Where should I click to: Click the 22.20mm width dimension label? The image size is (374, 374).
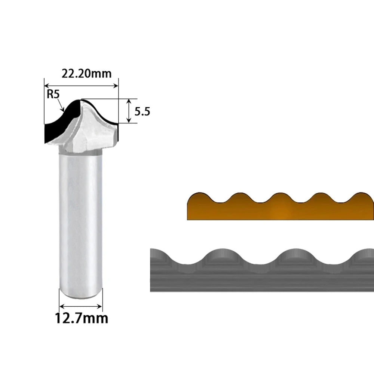[x=87, y=73]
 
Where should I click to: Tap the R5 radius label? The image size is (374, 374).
[x=53, y=94]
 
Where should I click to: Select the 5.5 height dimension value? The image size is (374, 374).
[x=142, y=111]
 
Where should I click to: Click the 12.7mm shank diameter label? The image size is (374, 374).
[x=81, y=318]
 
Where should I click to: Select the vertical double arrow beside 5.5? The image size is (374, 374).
[x=129, y=111]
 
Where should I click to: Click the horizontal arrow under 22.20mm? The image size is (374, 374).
[x=81, y=86]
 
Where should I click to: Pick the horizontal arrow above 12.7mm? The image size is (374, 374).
[x=81, y=306]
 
